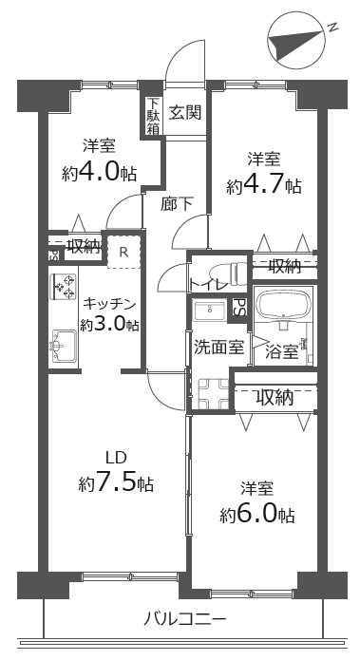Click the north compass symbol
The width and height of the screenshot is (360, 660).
(296, 41)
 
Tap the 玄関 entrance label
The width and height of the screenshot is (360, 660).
(185, 112)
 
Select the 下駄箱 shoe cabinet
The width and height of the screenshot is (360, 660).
(153, 116)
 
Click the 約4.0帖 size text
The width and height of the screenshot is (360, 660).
(99, 173)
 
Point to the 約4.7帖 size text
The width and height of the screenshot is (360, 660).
(263, 185)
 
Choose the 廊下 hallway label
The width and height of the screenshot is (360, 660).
(177, 204)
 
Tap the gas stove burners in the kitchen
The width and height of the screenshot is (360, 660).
(63, 287)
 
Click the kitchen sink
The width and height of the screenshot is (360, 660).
(63, 346)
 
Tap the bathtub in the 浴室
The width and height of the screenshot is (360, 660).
(284, 303)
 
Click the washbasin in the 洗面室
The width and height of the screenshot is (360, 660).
(210, 311)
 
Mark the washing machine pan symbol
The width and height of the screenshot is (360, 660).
(213, 393)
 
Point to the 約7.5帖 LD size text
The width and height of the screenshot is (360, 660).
(116, 484)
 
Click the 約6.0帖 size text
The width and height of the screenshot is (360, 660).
(256, 514)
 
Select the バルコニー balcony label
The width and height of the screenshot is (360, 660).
(185, 619)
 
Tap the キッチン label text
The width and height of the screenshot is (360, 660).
(110, 303)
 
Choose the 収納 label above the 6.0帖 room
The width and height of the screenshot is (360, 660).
(275, 397)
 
